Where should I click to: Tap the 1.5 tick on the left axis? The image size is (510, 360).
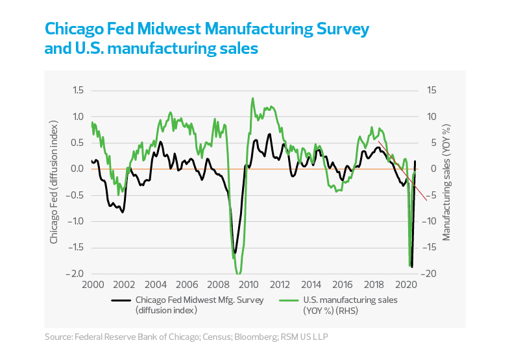[76, 90]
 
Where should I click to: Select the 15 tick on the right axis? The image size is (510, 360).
[431, 90]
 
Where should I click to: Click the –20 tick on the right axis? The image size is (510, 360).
[431, 273]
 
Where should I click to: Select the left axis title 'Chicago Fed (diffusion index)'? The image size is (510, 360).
[55, 182]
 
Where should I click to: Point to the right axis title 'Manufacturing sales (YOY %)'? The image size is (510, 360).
[447, 182]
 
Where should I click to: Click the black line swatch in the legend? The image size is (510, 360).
[121, 300]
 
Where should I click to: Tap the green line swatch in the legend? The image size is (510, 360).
[289, 300]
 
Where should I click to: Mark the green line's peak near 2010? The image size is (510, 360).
[252, 99]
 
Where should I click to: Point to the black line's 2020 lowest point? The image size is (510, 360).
[411, 266]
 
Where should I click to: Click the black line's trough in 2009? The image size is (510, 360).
[235, 253]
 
